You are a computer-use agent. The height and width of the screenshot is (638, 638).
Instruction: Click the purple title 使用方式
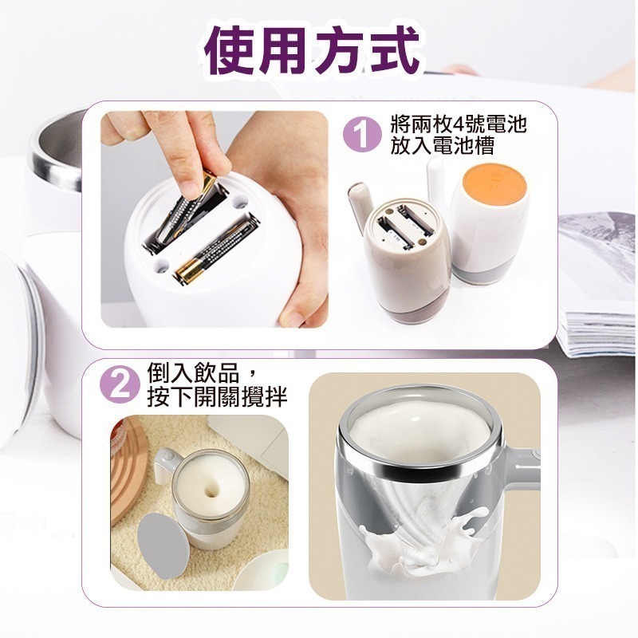(313, 51)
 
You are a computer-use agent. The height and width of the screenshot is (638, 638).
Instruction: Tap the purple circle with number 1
(363, 135)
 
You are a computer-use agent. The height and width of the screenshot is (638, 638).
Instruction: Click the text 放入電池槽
(442, 146)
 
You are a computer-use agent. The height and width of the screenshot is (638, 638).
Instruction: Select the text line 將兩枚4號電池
(459, 124)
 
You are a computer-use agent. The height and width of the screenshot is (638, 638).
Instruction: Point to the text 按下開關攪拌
(217, 396)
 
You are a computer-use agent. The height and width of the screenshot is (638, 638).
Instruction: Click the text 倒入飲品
(193, 373)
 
